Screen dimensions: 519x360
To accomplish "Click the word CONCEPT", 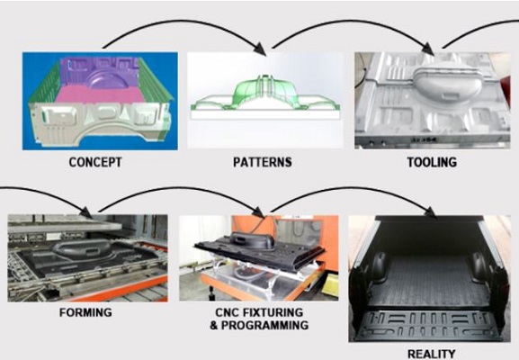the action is click(x=95, y=162).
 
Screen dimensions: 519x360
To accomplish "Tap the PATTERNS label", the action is click(x=263, y=162).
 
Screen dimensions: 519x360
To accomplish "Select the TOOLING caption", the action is click(x=432, y=162).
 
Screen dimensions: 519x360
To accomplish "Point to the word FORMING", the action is click(x=85, y=312).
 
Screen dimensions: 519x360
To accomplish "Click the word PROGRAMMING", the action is click(x=264, y=325).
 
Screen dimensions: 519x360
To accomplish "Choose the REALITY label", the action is click(x=431, y=354).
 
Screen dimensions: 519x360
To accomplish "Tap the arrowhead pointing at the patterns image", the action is click(x=261, y=49).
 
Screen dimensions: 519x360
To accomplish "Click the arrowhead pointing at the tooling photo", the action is click(x=429, y=49).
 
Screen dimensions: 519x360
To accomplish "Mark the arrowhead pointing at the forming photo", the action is click(x=86, y=212).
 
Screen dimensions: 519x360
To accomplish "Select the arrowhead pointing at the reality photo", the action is click(x=430, y=212).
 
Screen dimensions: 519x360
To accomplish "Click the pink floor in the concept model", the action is click(x=99, y=95).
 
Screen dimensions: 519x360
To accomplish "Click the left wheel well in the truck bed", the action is click(x=380, y=266).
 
